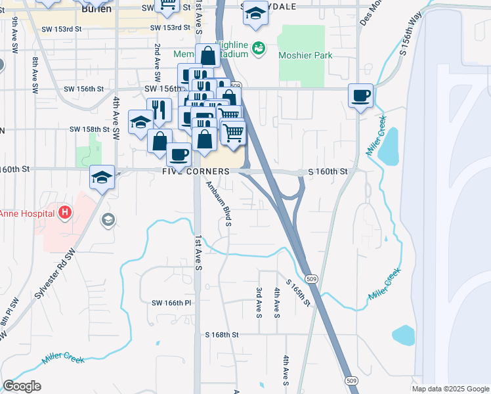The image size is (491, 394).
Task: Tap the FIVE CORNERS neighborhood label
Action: pyautogui.click(x=196, y=171)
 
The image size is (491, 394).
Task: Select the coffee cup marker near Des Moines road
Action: pyautogui.click(x=360, y=96)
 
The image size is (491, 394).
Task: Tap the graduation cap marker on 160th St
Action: pyautogui.click(x=102, y=178)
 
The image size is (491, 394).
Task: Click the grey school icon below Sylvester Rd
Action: pyautogui.click(x=108, y=220)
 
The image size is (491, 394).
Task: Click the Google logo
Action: pyautogui.click(x=22, y=386)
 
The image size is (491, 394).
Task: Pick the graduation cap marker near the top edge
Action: pyautogui.click(x=255, y=13)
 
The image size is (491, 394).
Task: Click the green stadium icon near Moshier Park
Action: pyautogui.click(x=259, y=48)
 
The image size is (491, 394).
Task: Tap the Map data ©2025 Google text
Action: pyautogui.click(x=450, y=389)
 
